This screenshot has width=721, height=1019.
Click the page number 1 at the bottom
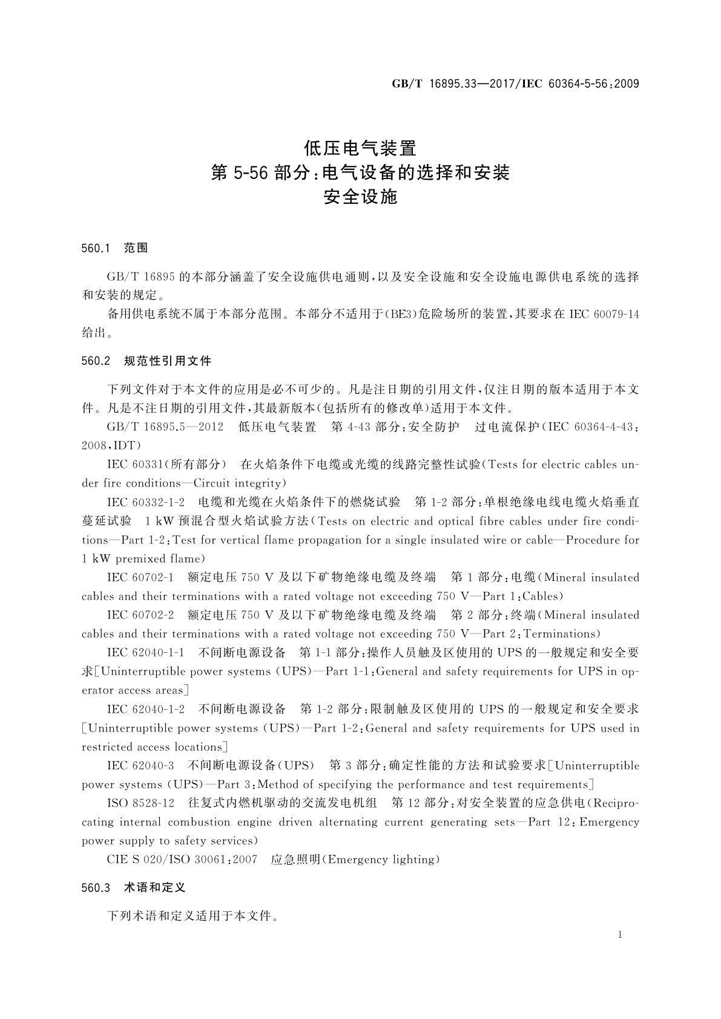(620, 935)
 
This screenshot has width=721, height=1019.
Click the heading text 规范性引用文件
(168, 361)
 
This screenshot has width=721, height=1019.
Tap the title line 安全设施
(360, 197)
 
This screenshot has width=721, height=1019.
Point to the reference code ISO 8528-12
(140, 803)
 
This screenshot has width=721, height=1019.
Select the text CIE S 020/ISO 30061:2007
(182, 860)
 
